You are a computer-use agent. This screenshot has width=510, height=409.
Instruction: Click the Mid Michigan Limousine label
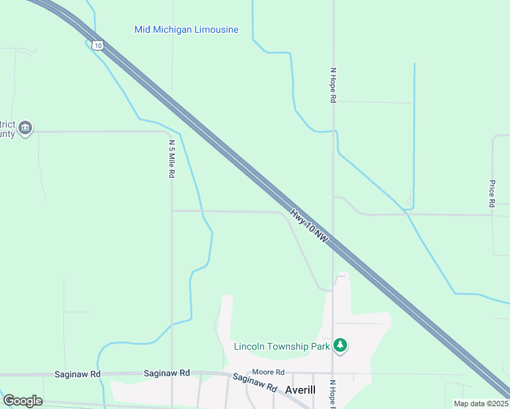click(186, 29)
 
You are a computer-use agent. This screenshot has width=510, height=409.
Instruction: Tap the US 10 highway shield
click(98, 45)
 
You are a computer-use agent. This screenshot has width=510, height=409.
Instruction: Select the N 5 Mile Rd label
click(172, 159)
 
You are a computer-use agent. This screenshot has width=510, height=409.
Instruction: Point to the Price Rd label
click(492, 194)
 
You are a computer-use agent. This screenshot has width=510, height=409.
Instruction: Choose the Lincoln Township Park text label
click(282, 346)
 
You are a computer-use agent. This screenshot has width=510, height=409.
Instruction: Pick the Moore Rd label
click(267, 372)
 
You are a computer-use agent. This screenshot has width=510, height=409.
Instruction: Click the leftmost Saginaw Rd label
click(78, 374)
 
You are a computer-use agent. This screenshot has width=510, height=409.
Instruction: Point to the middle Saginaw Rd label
click(166, 374)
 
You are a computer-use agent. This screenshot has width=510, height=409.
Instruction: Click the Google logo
click(22, 401)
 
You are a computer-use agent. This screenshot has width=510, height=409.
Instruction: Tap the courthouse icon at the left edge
click(26, 127)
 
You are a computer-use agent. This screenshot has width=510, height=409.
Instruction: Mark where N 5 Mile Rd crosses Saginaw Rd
click(172, 374)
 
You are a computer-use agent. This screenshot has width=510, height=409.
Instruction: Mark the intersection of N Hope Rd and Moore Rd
click(333, 374)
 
